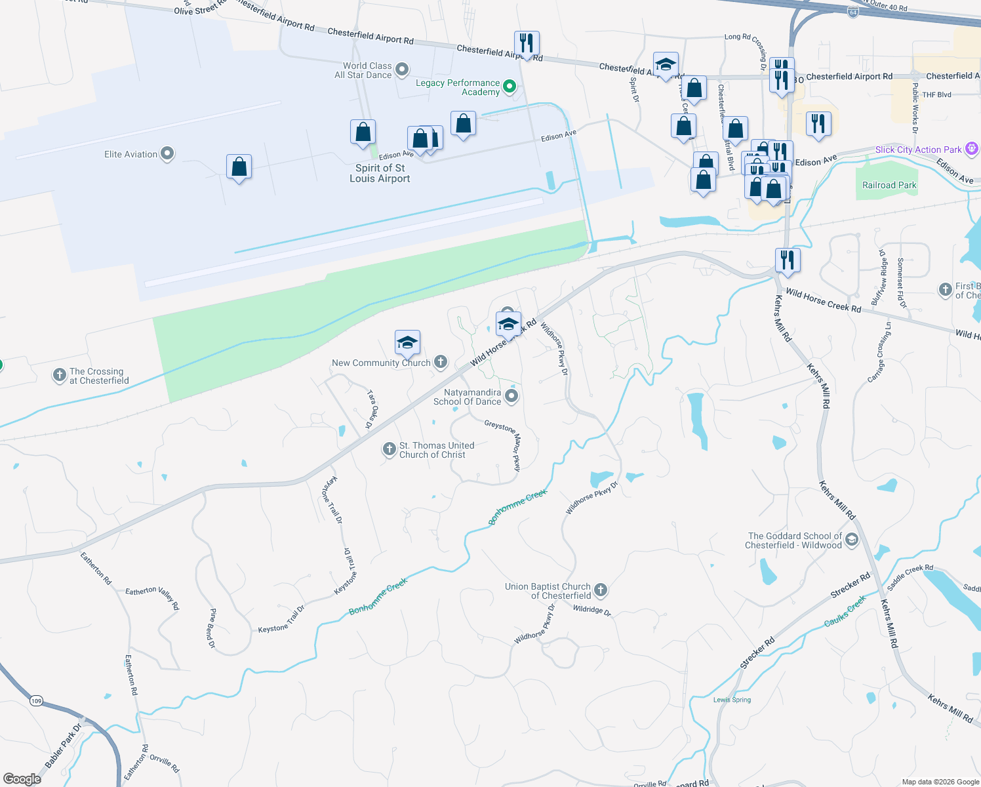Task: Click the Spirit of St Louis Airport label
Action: pos(380,173)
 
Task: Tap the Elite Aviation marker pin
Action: pos(167,154)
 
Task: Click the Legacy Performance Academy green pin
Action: pos(510,87)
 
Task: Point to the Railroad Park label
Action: pos(889,186)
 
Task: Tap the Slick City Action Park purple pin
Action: pos(972,150)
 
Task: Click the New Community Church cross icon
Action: pos(441,362)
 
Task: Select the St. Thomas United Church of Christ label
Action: pos(437,450)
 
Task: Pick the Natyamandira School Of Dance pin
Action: pos(512,395)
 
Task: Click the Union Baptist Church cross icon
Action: pos(600,590)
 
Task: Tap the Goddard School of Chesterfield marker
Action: pos(851,540)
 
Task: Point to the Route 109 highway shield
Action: pos(36,701)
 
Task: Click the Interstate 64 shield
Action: pos(852,12)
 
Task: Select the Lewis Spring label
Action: pos(732,700)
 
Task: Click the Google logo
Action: pos(22,778)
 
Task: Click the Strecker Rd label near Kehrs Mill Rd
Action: pos(850,584)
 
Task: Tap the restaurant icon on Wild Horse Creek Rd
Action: pos(787,260)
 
